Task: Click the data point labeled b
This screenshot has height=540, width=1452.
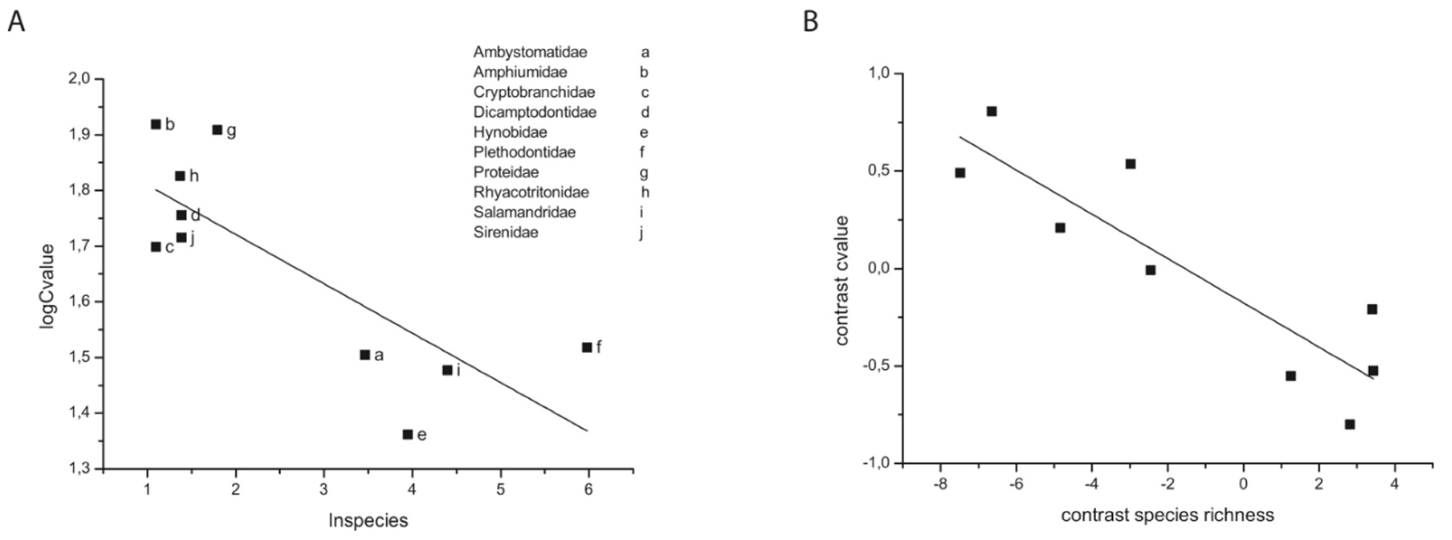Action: pyautogui.click(x=156, y=124)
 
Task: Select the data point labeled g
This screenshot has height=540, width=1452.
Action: pyautogui.click(x=217, y=130)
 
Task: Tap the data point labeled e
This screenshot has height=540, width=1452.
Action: pyautogui.click(x=408, y=434)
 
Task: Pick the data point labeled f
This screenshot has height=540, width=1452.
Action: pyautogui.click(x=587, y=347)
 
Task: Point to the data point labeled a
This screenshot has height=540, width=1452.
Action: pyautogui.click(x=365, y=355)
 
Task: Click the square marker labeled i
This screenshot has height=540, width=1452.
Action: pyautogui.click(x=448, y=370)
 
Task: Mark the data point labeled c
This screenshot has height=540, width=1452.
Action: pyautogui.click(x=156, y=247)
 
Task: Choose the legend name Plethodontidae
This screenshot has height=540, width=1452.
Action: pyautogui.click(x=524, y=152)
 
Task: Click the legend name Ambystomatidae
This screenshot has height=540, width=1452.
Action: pyautogui.click(x=530, y=52)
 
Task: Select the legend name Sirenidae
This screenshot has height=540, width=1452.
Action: pyautogui.click(x=506, y=232)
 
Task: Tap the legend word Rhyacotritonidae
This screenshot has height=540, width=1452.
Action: pyautogui.click(x=531, y=192)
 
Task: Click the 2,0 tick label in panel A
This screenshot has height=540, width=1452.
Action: pyautogui.click(x=79, y=78)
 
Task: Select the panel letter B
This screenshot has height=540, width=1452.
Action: pyautogui.click(x=811, y=22)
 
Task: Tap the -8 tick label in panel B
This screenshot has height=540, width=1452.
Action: pyautogui.click(x=940, y=484)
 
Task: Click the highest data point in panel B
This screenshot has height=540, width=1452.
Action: pyautogui.click(x=991, y=111)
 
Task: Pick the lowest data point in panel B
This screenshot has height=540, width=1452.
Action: pyautogui.click(x=1350, y=424)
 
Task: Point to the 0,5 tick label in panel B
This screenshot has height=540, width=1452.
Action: pyautogui.click(x=877, y=171)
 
